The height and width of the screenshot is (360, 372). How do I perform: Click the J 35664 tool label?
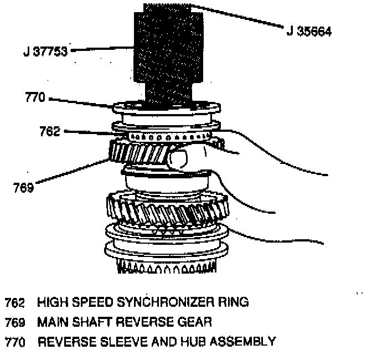(309, 32)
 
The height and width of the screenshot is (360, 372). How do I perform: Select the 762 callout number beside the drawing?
(50, 131)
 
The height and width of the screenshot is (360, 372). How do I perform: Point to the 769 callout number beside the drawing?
(24, 187)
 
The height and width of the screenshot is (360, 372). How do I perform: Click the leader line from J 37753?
(102, 49)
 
